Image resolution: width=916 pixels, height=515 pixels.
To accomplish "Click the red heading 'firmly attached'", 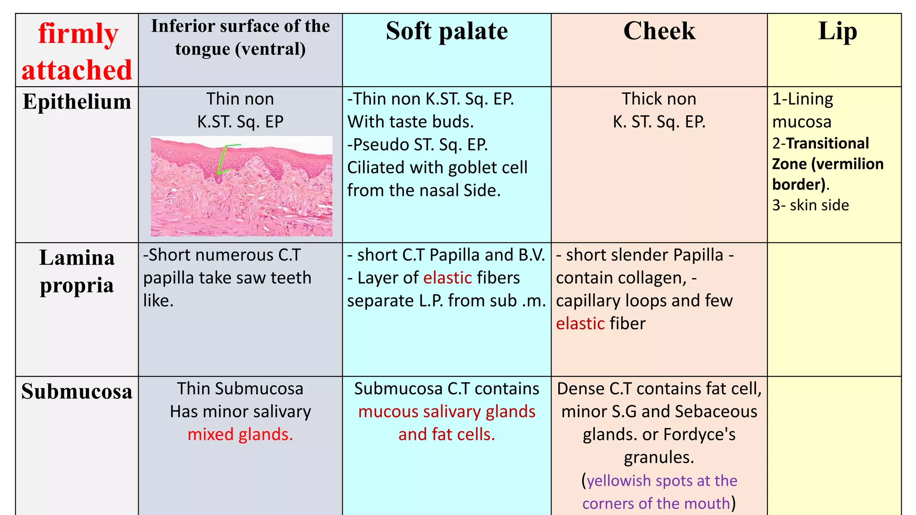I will [x=77, y=51].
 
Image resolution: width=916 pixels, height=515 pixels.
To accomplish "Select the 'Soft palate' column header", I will [x=446, y=31].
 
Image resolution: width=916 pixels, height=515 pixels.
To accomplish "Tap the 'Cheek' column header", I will [x=659, y=31].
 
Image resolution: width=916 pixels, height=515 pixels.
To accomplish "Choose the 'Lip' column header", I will [x=837, y=31].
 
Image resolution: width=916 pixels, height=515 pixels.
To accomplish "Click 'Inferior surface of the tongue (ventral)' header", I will [x=240, y=38].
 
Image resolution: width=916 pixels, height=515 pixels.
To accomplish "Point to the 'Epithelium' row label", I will [x=77, y=101].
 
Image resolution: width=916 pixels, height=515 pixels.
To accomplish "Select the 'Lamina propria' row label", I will [x=77, y=271].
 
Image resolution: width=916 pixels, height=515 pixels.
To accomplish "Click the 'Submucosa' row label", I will [x=77, y=391].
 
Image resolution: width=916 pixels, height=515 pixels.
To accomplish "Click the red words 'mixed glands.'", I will [x=240, y=435].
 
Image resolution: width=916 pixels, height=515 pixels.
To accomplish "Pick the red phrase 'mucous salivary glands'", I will [x=446, y=412].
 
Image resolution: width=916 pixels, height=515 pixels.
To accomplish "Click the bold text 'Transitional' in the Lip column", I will [x=827, y=144].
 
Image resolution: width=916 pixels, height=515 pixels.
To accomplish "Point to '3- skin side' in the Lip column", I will [x=810, y=205].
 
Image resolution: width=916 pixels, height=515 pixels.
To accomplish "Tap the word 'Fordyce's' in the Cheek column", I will [x=699, y=435].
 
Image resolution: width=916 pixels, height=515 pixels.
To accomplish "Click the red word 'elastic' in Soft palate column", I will [x=447, y=278].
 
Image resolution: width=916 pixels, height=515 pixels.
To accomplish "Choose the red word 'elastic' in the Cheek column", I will [x=580, y=324].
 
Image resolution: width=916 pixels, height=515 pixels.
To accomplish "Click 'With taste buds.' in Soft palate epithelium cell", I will [x=410, y=122].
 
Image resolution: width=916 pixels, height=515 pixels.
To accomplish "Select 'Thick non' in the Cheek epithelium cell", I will [x=659, y=99].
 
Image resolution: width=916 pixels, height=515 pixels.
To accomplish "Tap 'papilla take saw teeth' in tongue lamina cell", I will [x=227, y=278].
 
